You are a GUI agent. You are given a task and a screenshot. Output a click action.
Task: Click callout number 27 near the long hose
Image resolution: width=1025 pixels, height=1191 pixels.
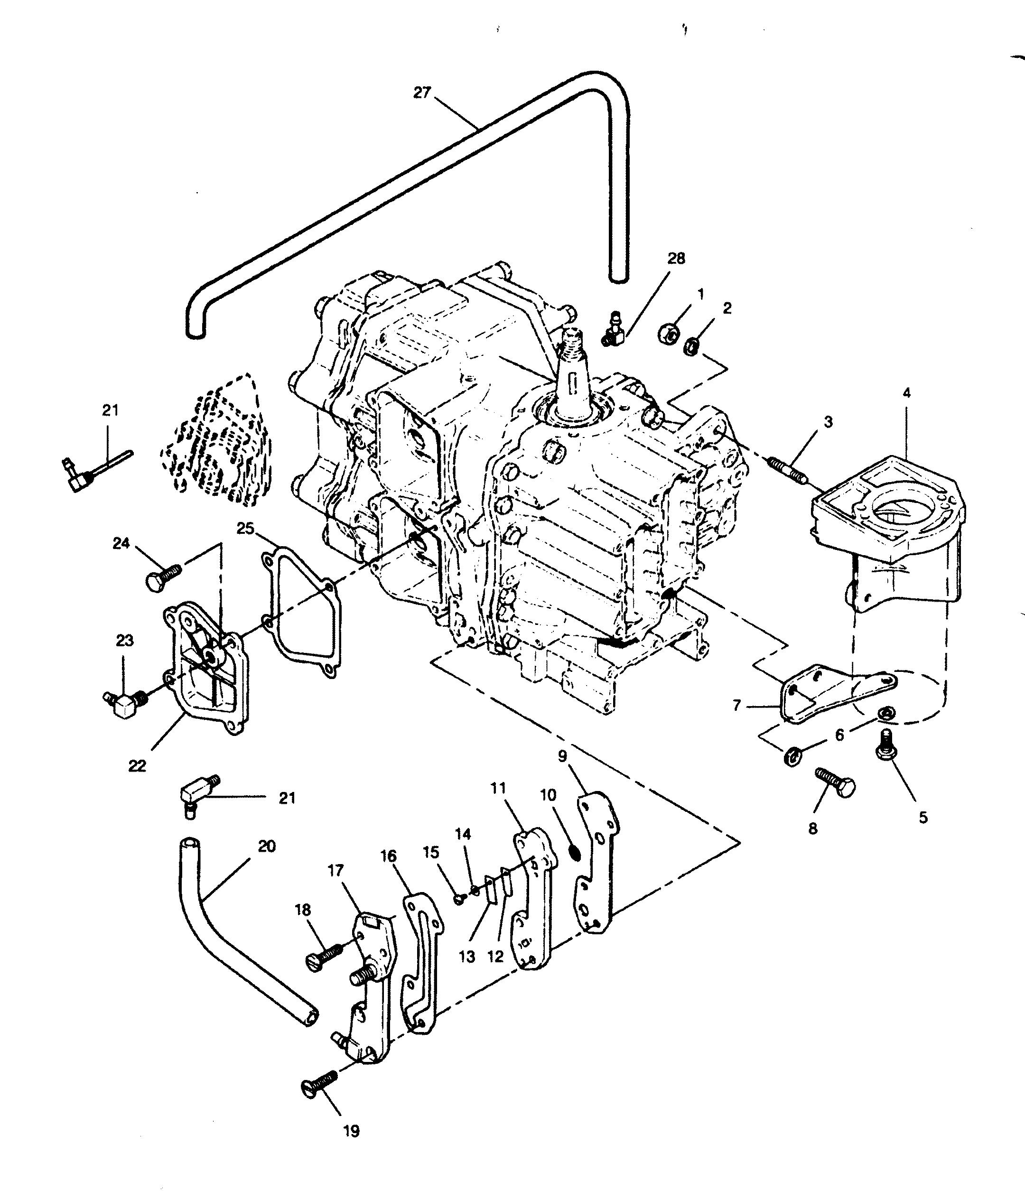coord(422,93)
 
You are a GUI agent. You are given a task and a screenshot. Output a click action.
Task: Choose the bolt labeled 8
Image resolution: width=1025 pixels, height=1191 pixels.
coord(836,782)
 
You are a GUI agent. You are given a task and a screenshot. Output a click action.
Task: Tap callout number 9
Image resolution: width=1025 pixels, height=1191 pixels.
coord(562,755)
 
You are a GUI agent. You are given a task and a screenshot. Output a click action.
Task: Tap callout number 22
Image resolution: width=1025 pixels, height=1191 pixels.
coord(138,766)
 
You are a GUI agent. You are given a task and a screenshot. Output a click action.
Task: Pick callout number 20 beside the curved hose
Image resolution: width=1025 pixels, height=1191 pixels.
coord(267,846)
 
